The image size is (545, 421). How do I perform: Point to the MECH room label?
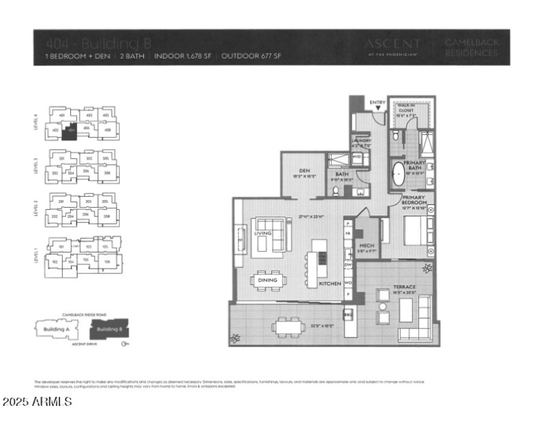tap(367, 246)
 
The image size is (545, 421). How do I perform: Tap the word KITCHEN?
tap(330, 283)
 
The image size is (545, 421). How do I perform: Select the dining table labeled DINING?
tap(268, 279)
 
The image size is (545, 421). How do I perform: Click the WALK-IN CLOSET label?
tap(407, 107)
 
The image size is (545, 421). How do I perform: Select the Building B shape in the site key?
tap(108, 329)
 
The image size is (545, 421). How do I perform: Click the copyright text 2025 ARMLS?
tap(37, 402)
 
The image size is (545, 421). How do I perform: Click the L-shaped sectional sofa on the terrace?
tap(420, 313)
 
